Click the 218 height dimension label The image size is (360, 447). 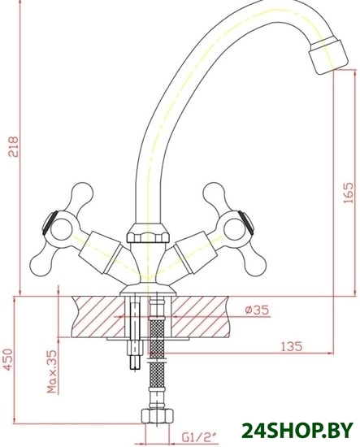coord(14,146)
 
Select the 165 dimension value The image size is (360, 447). coord(349,193)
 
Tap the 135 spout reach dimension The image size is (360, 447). coord(291,347)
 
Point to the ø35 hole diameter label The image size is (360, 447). coord(257,310)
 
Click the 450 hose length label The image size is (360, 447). coord(8,360)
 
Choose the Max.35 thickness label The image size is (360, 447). coord(52,371)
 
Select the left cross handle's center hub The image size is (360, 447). coord(61,229)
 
